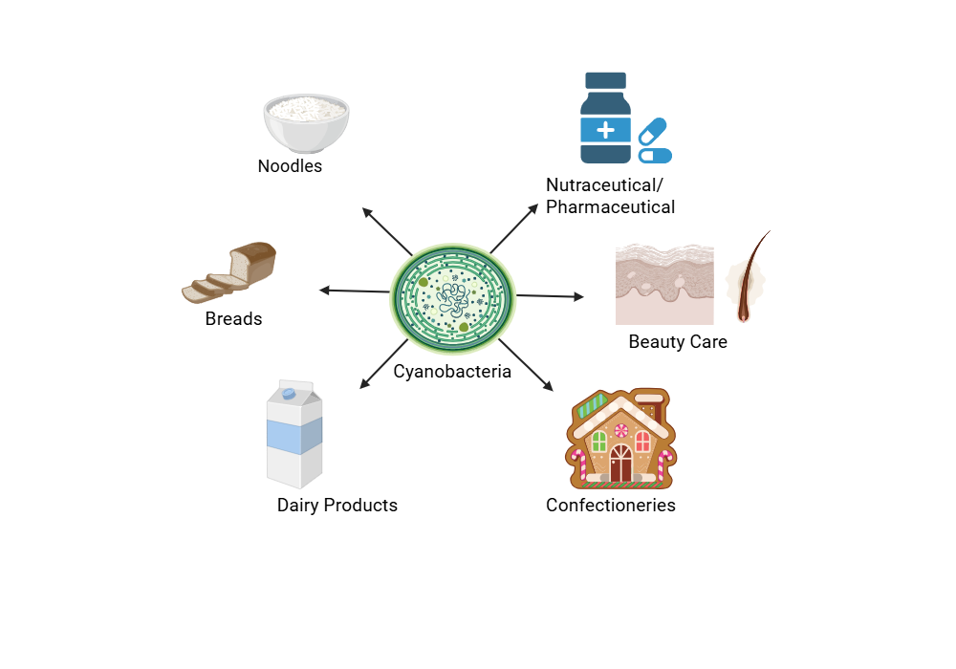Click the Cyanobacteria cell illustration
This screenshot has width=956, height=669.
[452, 295]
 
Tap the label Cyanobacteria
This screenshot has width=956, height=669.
[452, 372]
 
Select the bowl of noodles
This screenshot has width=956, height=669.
[306, 122]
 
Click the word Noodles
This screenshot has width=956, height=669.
[290, 166]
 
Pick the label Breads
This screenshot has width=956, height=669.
[233, 319]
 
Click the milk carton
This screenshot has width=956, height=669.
[294, 434]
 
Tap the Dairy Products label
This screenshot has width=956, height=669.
[337, 506]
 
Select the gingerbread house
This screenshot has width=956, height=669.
[620, 439]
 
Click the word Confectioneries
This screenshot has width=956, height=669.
[610, 506]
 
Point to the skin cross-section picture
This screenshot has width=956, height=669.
[663, 284]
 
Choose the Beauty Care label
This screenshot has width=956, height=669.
[678, 342]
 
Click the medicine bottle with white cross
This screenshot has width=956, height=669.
[605, 119]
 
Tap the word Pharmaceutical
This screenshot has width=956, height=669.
[610, 207]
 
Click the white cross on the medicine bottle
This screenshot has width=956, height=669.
[605, 129]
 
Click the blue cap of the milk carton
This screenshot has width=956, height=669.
[288, 393]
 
